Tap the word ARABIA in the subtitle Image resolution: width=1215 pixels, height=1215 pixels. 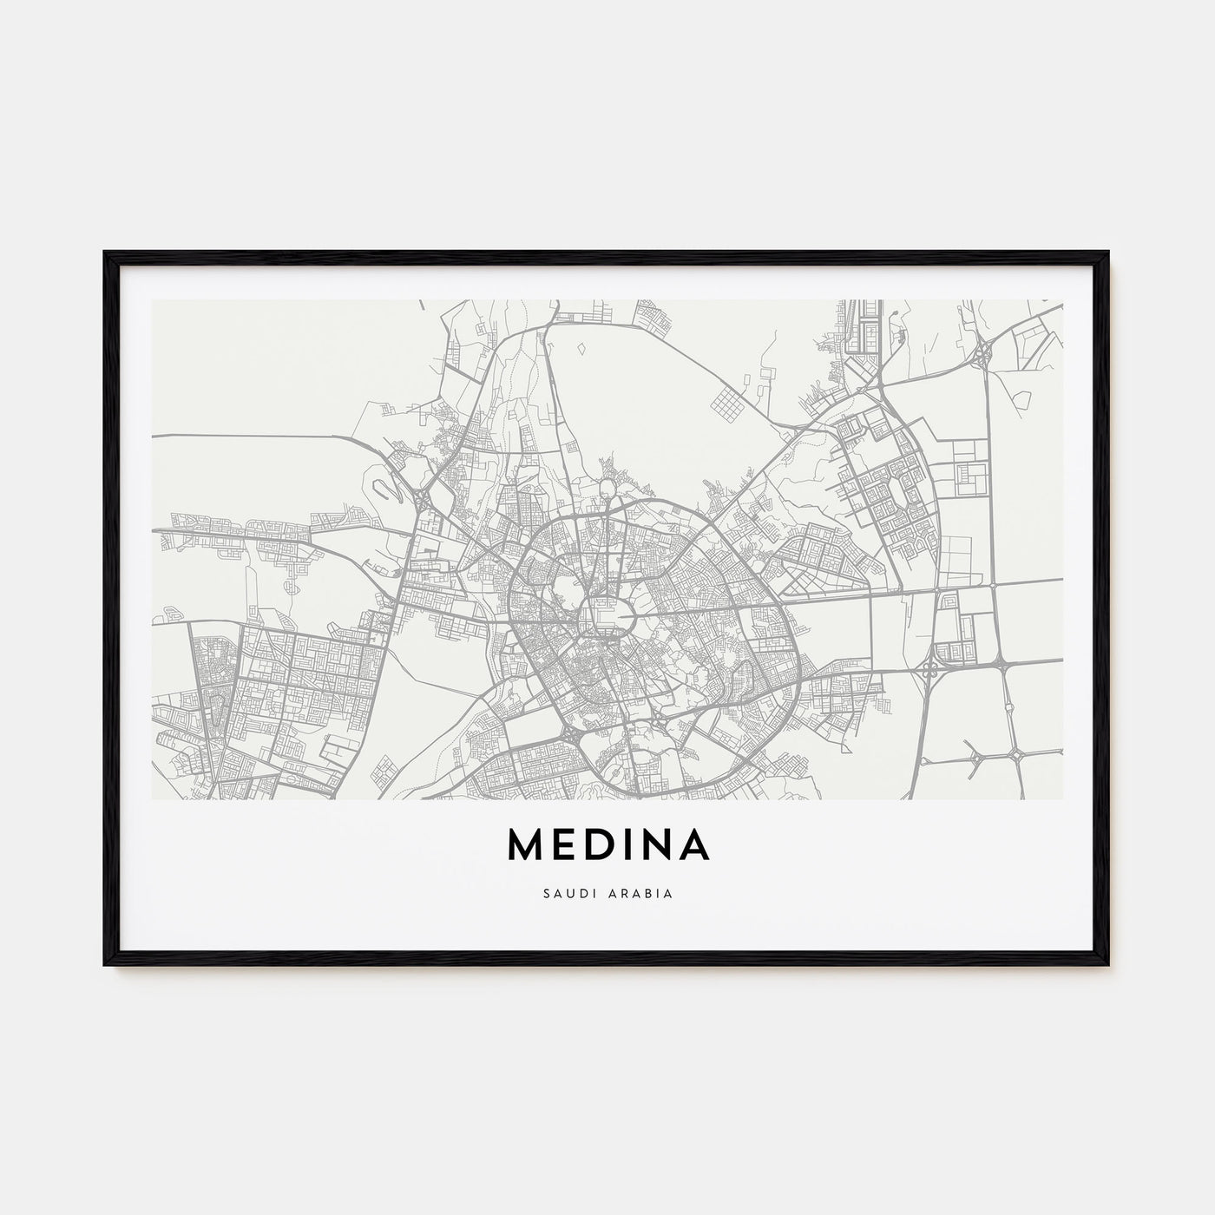coord(641,892)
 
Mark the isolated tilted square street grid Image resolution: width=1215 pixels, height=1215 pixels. coord(727,404)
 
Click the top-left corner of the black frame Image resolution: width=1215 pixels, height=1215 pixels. coord(105,253)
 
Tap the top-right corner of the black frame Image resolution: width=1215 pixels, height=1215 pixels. coord(1109,253)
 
